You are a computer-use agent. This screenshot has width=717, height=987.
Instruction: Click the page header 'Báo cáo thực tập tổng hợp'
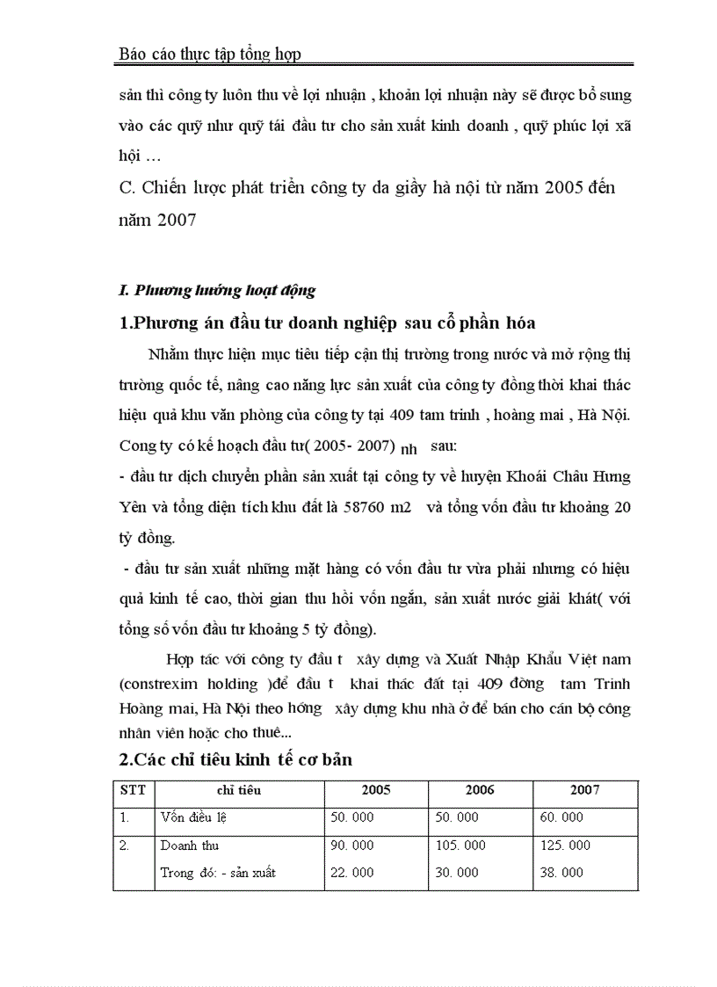(x=209, y=54)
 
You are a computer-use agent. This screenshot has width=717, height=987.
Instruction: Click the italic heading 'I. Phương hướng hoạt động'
(x=216, y=290)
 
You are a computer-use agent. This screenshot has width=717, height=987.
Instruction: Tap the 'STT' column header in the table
(x=133, y=789)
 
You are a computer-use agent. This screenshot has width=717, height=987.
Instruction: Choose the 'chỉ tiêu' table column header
(x=238, y=789)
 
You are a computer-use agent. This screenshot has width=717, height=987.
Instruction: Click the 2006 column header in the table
(x=480, y=789)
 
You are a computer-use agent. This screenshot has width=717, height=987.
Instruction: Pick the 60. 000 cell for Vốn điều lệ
(x=561, y=817)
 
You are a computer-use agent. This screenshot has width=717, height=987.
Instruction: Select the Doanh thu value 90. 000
(x=351, y=845)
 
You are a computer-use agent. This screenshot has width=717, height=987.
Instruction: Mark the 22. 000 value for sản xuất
(x=351, y=873)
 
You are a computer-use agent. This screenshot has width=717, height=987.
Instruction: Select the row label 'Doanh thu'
(x=190, y=845)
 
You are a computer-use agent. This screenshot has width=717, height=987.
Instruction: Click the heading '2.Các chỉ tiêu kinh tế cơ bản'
(x=235, y=759)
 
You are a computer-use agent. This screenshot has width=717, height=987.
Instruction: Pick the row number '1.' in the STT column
(x=125, y=817)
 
